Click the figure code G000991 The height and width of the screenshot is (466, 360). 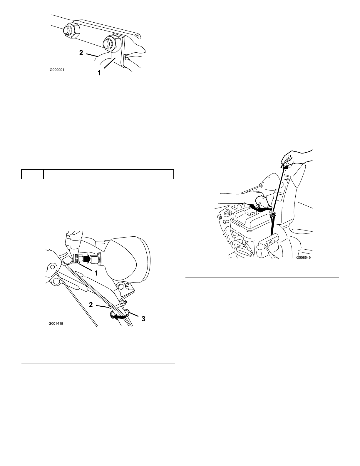pos(57,70)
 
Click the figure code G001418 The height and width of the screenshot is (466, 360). pos(56,323)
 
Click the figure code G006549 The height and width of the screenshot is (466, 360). pos(303,258)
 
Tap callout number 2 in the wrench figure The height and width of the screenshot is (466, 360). pos(81,53)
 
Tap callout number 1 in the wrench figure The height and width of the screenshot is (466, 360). pos(99,73)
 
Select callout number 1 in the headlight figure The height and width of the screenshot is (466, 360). pos(96,273)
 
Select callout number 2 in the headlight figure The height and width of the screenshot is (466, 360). pos(91,305)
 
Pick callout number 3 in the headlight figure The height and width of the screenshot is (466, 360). pos(143,319)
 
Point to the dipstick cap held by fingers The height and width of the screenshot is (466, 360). pos(284,166)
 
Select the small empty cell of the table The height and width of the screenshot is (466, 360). pos(32,174)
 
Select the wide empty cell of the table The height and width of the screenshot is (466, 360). pos(108,174)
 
